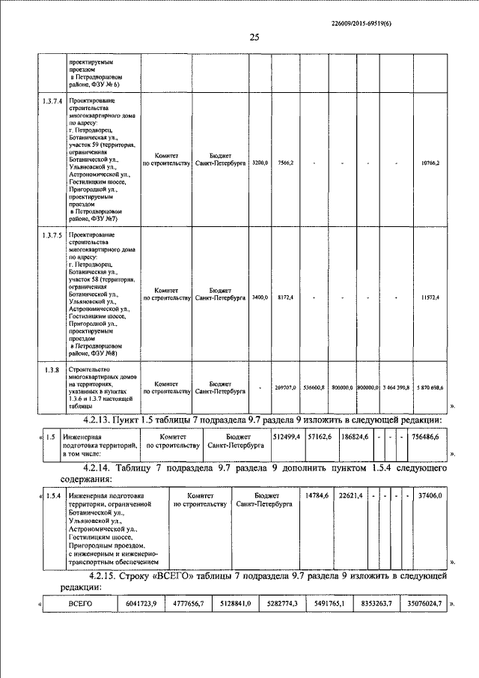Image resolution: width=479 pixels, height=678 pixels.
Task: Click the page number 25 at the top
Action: pyautogui.click(x=254, y=39)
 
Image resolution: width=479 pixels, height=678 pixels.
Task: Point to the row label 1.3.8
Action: pyautogui.click(x=52, y=369)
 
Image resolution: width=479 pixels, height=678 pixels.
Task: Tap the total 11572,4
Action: pyautogui.click(x=430, y=297)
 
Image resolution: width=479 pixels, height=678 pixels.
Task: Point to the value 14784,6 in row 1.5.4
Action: pyautogui.click(x=317, y=495)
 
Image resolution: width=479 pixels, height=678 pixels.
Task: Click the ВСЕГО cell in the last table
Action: pyautogui.click(x=79, y=602)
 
